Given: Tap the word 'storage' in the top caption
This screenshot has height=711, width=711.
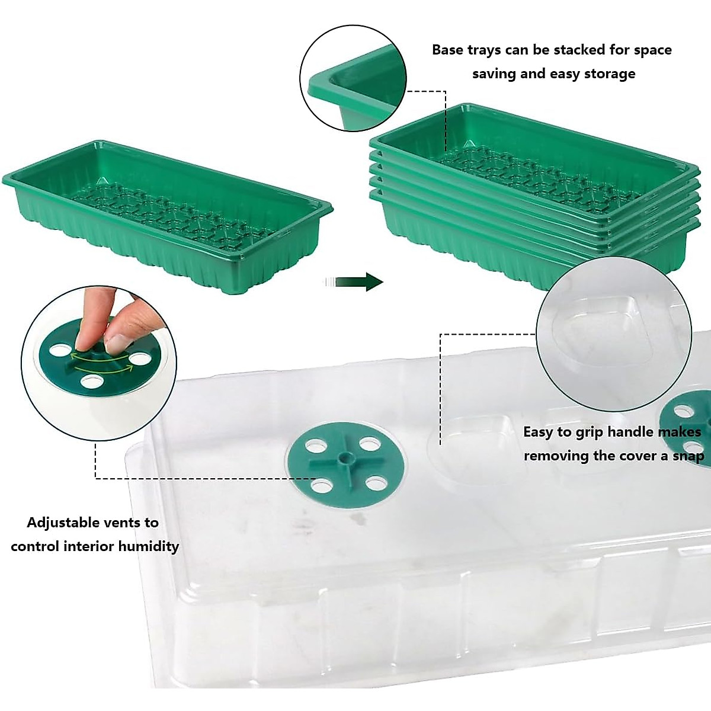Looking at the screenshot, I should pos(610,73).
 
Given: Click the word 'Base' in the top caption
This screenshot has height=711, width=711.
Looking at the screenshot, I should pos(448,50).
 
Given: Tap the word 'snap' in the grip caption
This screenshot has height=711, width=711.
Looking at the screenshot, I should pos(688,456).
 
